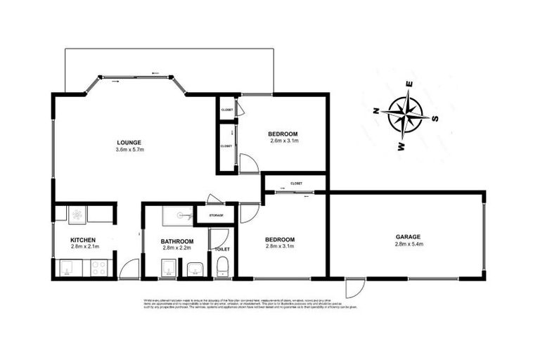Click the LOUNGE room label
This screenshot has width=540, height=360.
point(129,142)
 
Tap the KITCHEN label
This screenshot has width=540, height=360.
point(83,240)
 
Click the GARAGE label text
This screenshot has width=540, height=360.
point(408,237)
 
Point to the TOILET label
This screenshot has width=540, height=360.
point(222,249)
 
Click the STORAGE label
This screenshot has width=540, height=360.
point(215,214)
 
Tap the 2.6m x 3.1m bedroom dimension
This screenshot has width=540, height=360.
point(284,141)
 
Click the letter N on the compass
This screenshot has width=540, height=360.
point(377,110)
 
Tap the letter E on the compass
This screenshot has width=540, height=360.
point(411,85)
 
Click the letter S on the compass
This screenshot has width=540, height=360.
point(435,119)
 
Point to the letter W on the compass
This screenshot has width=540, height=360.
point(401,146)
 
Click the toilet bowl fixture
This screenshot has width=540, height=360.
point(222,267)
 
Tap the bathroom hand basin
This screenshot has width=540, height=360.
point(195,268)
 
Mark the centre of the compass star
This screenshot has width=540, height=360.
point(406,115)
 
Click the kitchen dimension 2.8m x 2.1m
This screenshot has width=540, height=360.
point(83,247)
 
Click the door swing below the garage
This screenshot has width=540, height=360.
point(354,288)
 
